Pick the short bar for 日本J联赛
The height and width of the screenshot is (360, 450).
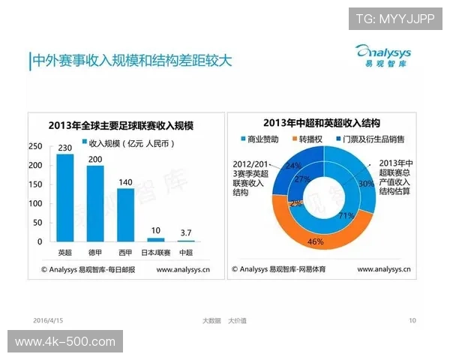156,239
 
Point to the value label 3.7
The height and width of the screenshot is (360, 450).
186,233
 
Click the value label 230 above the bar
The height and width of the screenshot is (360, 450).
65,147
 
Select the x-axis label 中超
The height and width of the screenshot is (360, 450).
185,250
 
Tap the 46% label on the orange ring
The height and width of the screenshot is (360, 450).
315,242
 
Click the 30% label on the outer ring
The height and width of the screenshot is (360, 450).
366,184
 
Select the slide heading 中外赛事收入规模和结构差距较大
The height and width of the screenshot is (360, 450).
131,60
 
